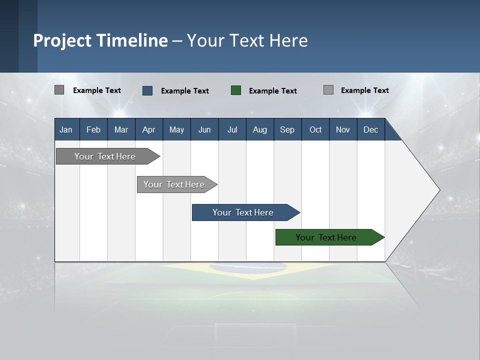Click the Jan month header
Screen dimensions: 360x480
pos(66,129)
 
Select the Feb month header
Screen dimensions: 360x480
pos(93,129)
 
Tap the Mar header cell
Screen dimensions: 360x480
pos(121,129)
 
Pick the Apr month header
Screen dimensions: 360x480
pos(149,129)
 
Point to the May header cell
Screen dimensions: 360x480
pos(176,129)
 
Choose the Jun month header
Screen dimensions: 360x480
pos(204,129)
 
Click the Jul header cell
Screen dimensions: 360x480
pos(232,129)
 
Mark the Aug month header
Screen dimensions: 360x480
pos(260,129)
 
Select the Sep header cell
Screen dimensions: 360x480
pos(287,129)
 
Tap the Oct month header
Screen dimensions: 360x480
pos(315,129)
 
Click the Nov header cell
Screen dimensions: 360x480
pos(343,129)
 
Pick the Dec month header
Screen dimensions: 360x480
pos(371,129)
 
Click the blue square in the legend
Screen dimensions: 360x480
pos(147,90)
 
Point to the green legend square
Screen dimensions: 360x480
pos(236,90)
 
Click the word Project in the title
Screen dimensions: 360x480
pos(62,40)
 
